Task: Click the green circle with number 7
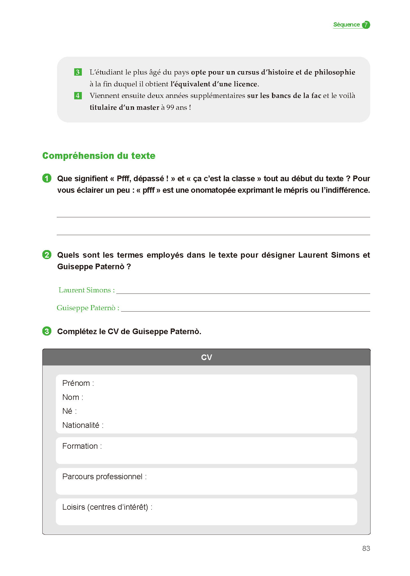point(366,25)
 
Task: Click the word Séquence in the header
point(346,25)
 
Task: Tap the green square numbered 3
point(78,72)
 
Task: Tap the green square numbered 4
point(78,96)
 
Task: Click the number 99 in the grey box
point(170,108)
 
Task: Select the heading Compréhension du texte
point(99,156)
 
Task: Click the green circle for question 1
point(47,178)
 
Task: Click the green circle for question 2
point(47,255)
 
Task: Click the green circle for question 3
point(47,331)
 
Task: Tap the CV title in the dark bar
point(206,358)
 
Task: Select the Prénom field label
point(76,383)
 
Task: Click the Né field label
point(67,411)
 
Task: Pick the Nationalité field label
point(81,425)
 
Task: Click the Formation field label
point(80,446)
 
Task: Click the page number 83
point(366,548)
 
